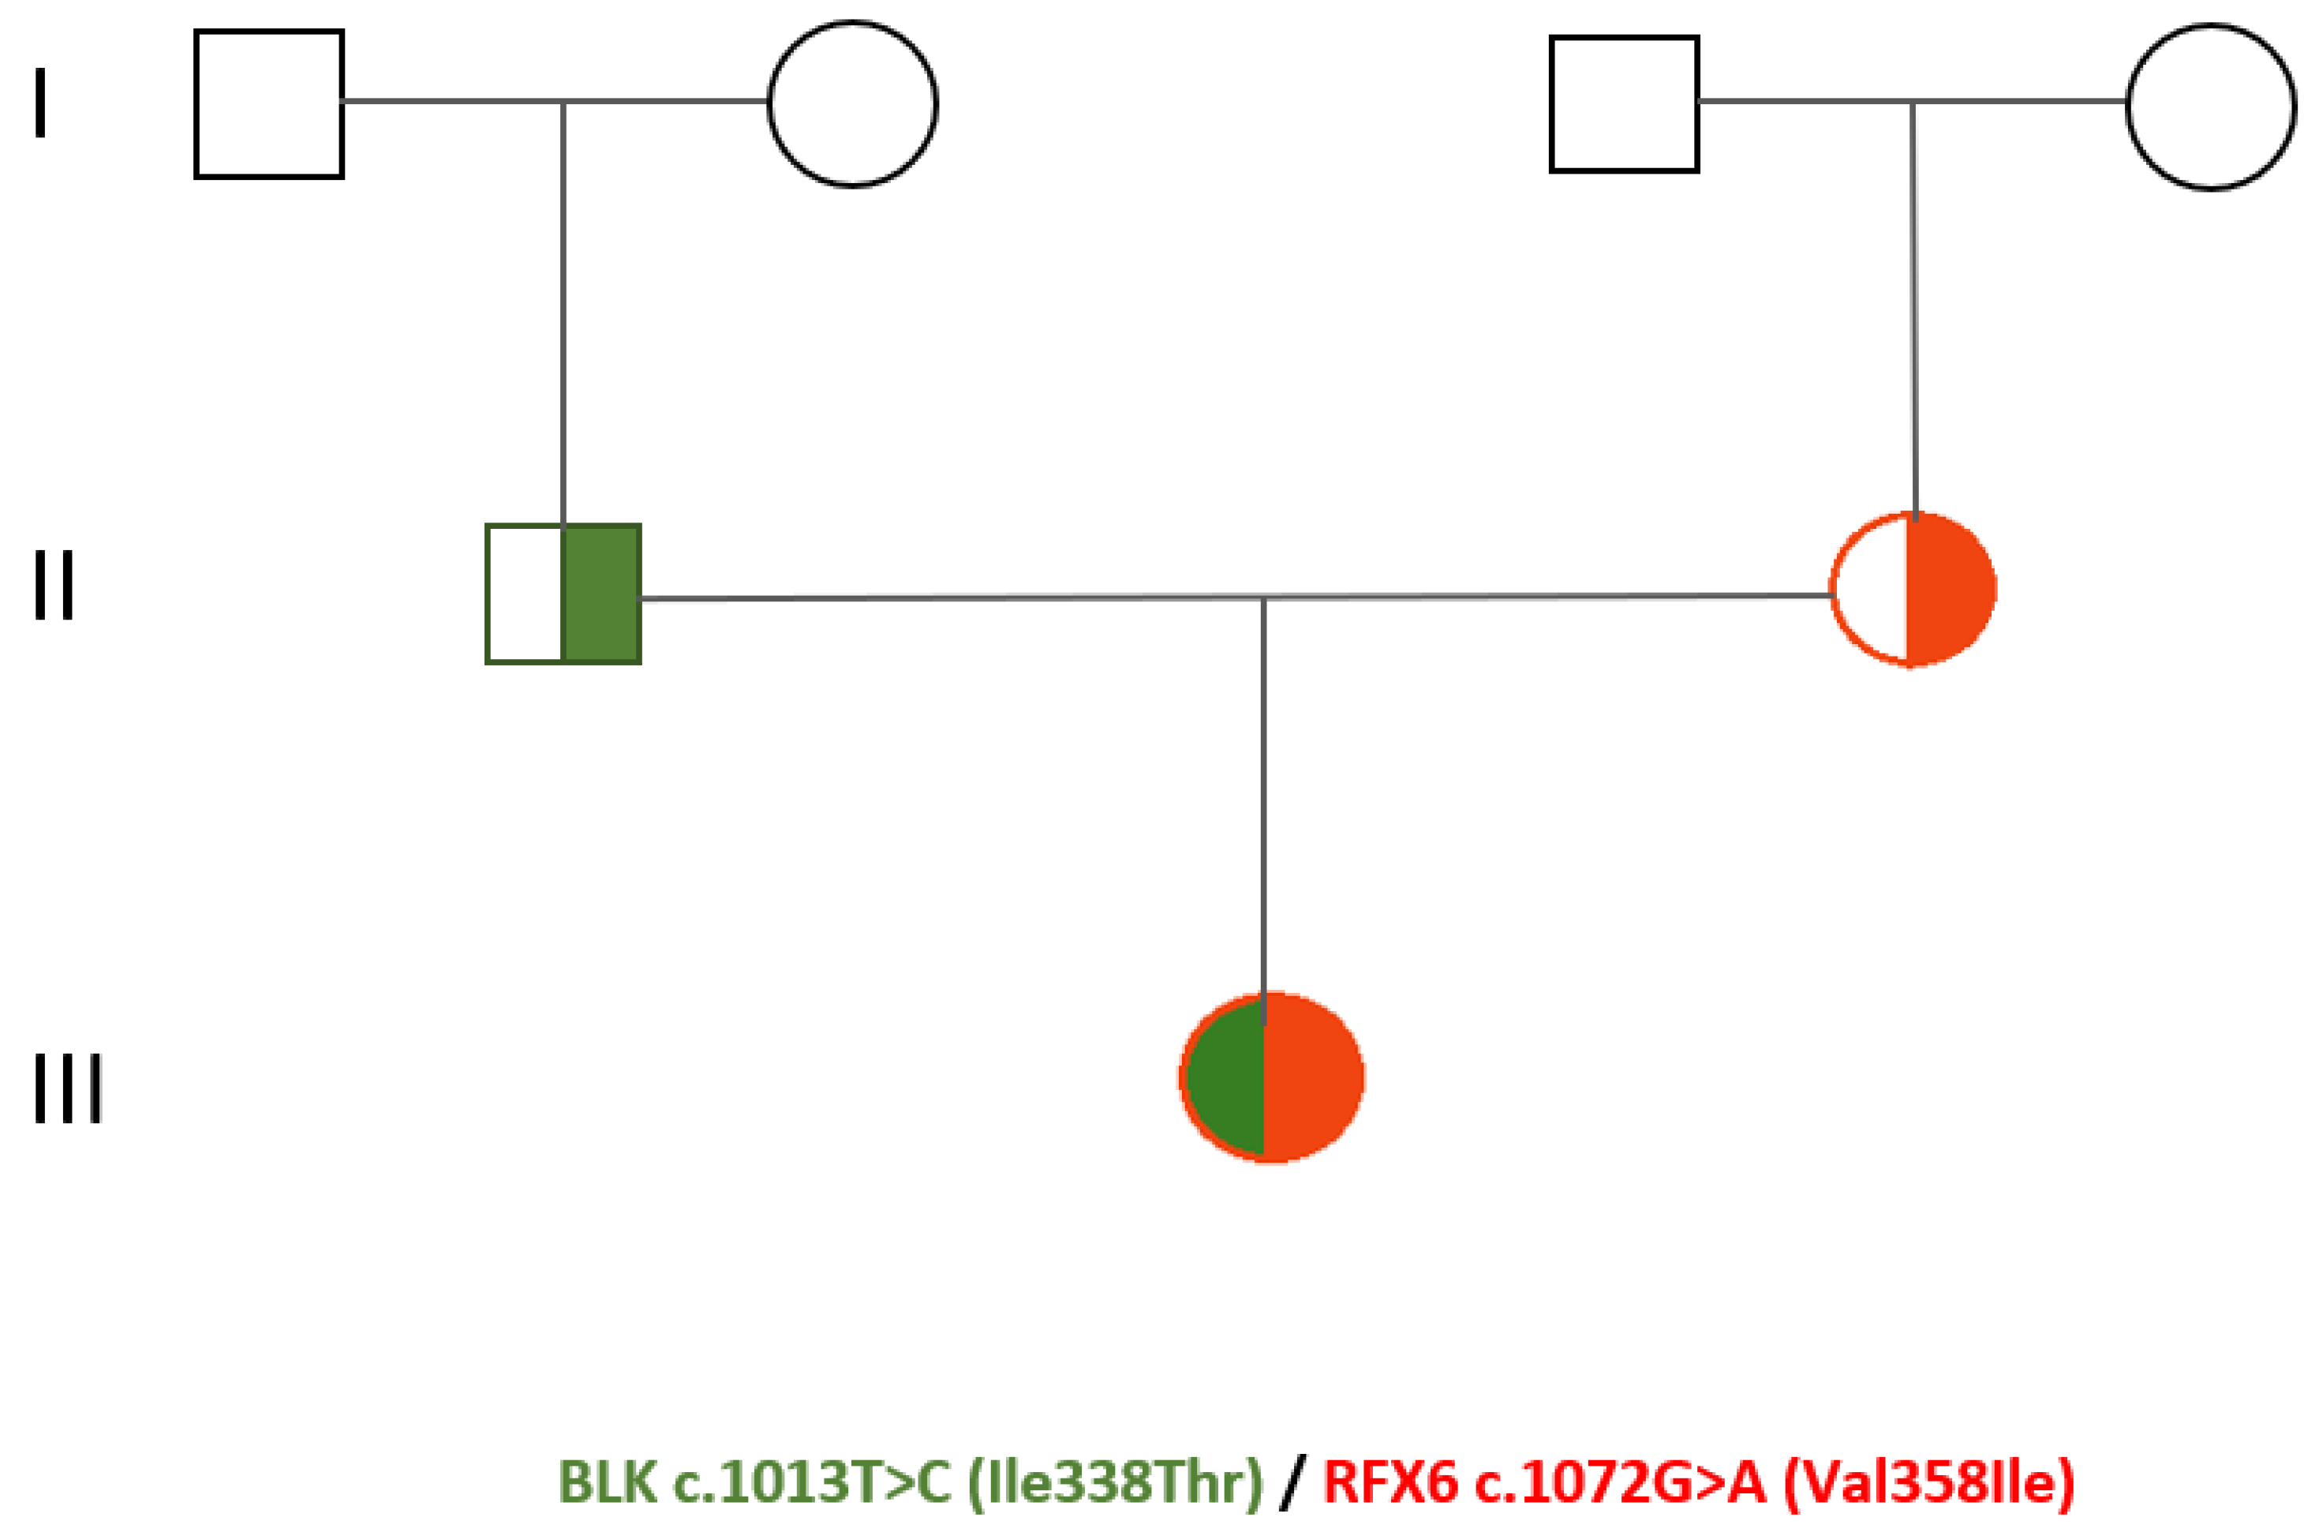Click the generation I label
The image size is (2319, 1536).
tap(40, 102)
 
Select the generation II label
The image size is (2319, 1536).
tap(54, 584)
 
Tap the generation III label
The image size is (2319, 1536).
tap(68, 1088)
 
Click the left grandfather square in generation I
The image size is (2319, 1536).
tap(269, 104)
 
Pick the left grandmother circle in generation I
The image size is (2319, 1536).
tap(852, 104)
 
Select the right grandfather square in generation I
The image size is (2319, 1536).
tap(1624, 104)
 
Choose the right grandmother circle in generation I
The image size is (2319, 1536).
tap(2210, 106)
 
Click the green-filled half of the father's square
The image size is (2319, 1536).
tap(601, 594)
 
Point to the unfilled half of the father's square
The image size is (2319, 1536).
tap(525, 594)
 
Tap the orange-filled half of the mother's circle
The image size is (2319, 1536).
tap(1949, 589)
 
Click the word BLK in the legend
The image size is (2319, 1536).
tap(608, 1482)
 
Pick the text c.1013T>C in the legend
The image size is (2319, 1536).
tap(812, 1482)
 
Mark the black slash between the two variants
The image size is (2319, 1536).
tap(1292, 1482)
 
